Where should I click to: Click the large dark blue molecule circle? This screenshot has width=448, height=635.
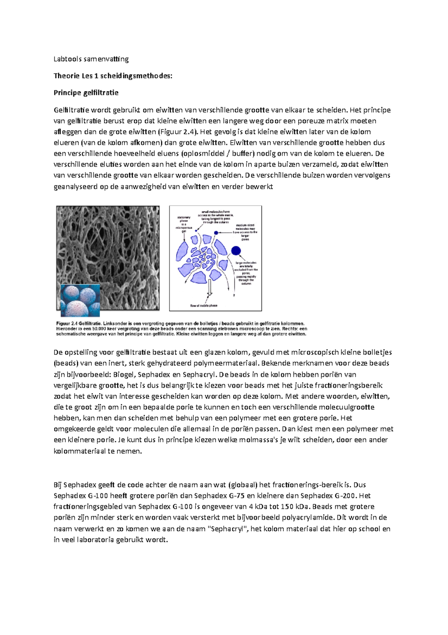(236, 251)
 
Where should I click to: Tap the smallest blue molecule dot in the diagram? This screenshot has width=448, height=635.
(196, 231)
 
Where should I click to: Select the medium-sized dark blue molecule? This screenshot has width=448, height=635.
(216, 233)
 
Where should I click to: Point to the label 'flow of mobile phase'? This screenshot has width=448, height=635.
(204, 306)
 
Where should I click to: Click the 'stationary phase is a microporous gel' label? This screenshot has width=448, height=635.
(184, 224)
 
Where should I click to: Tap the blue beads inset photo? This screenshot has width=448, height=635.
(80, 300)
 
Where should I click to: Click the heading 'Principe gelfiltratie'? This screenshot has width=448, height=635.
(86, 93)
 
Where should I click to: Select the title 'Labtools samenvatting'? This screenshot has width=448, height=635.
(91, 59)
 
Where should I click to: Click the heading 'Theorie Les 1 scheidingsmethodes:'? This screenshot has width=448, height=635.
(113, 76)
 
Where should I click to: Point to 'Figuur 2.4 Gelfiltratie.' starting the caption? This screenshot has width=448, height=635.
(78, 323)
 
